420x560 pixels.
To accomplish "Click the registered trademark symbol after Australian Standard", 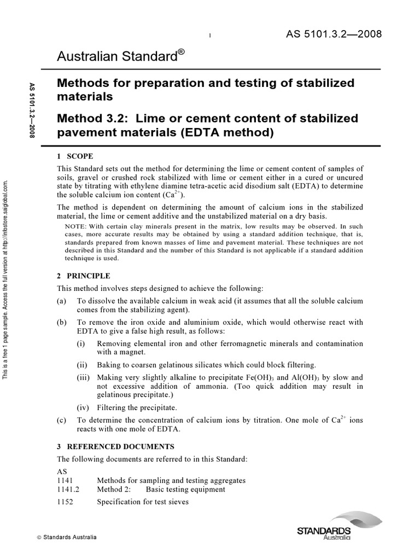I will [181, 52].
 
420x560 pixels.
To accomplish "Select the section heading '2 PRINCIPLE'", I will [84, 276].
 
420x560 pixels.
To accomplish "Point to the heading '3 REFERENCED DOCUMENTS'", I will [115, 447].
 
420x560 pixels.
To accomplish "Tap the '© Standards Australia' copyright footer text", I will [66, 538].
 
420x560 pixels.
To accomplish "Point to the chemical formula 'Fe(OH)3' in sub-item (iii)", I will [266, 378].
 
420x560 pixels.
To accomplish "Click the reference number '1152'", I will [65, 501].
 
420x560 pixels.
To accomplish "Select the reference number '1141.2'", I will [68, 489].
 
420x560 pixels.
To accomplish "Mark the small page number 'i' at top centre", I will [210, 36].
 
